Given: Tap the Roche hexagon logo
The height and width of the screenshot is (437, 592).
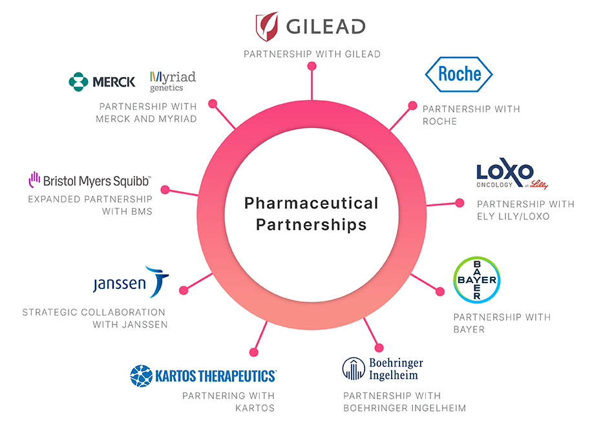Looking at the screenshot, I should [x=459, y=74].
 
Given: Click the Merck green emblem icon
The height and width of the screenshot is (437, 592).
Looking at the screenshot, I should [x=78, y=81].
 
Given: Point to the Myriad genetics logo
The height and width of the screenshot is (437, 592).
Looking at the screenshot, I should [x=172, y=81].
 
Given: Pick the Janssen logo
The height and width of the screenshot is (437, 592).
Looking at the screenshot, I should [x=131, y=282].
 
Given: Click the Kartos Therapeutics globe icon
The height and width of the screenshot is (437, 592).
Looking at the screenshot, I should [x=141, y=375].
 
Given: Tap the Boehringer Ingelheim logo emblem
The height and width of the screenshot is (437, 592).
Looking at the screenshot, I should [x=353, y=368].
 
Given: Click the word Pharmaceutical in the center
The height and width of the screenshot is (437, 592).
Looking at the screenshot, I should [x=311, y=203].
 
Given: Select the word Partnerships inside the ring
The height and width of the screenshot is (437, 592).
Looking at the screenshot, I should [x=311, y=224].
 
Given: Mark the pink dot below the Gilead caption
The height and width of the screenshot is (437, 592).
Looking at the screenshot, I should [x=312, y=66].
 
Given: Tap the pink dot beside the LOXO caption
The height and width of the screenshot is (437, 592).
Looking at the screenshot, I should [x=460, y=202].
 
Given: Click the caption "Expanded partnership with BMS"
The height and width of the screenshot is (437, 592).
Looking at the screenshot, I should [x=90, y=205].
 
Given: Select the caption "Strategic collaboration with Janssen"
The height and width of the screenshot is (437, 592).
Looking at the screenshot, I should [x=95, y=318].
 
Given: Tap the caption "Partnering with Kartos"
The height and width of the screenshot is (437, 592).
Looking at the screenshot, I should [x=228, y=401].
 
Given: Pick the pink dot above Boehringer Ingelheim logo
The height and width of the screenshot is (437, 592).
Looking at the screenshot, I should [x=379, y=348].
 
